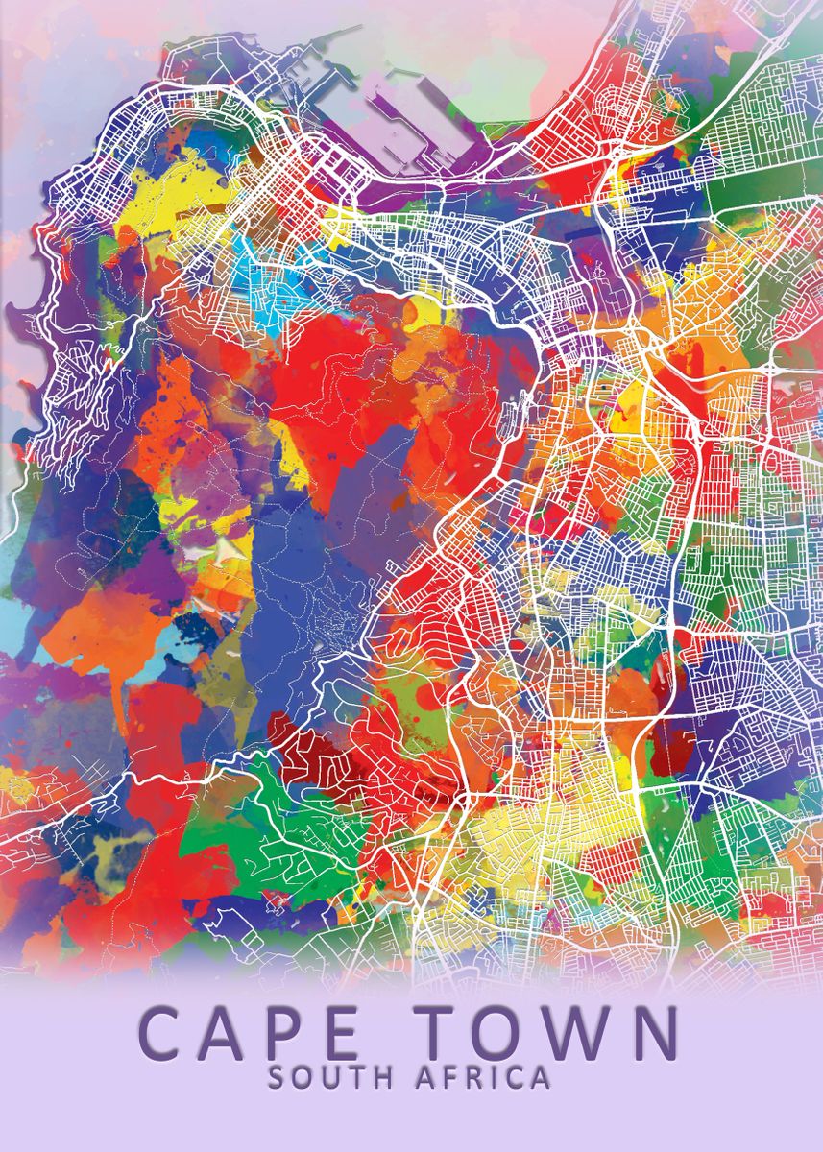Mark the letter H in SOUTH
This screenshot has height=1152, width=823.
pos(380,1077)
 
